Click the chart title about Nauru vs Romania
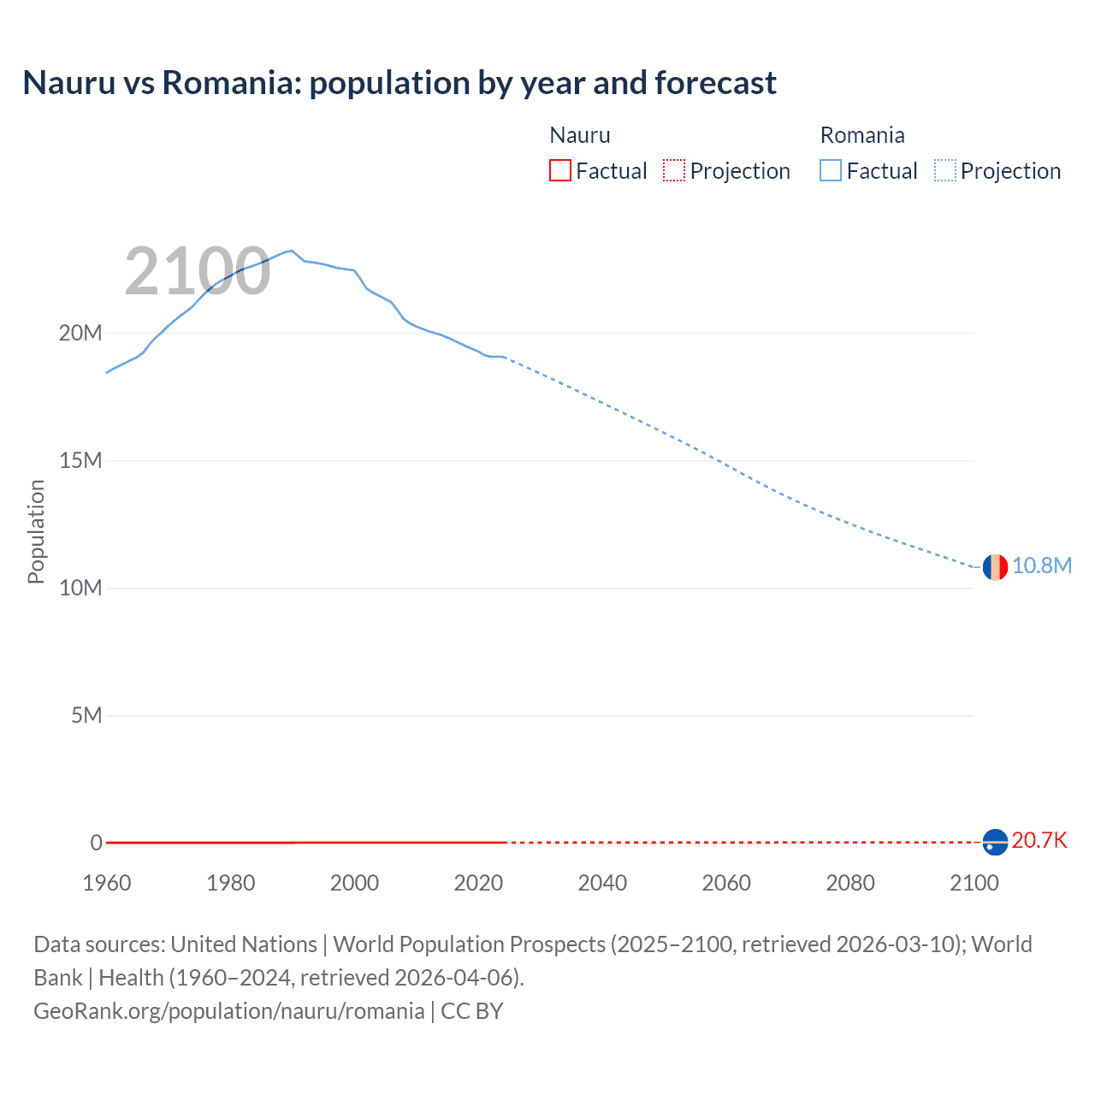(x=400, y=83)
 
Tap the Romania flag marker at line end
(x=995, y=566)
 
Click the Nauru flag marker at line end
(x=995, y=843)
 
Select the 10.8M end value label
(x=1041, y=565)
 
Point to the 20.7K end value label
(x=1039, y=840)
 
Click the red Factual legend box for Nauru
(x=559, y=171)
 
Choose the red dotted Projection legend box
(x=674, y=171)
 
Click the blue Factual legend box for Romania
(x=831, y=171)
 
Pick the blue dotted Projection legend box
(x=944, y=171)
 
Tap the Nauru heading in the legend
(x=580, y=135)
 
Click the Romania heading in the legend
(x=862, y=135)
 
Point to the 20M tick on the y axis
(x=80, y=333)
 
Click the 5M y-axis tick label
(x=86, y=715)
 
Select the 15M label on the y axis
(x=80, y=460)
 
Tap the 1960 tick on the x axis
(x=107, y=883)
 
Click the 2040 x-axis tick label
(x=602, y=883)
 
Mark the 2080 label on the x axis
(x=850, y=883)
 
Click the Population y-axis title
(x=36, y=531)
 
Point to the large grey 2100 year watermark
(x=198, y=271)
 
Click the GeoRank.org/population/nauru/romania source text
(x=228, y=1011)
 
